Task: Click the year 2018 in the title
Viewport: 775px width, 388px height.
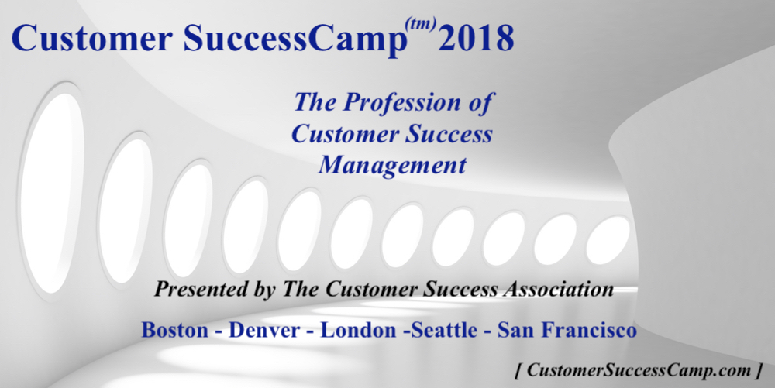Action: click(476, 38)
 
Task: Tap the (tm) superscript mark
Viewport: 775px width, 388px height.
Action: click(421, 23)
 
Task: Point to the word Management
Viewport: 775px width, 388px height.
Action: click(392, 166)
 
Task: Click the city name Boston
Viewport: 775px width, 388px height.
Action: click(175, 330)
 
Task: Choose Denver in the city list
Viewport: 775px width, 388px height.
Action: click(264, 330)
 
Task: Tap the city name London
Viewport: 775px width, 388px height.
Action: click(357, 330)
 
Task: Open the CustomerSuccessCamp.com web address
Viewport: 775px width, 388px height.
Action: click(639, 369)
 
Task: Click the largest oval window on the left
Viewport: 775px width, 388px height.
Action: click(51, 193)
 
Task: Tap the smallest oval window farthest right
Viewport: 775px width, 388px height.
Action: click(608, 239)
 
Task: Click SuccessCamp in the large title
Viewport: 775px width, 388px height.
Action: click(294, 39)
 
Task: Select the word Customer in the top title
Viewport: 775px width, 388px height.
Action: click(92, 39)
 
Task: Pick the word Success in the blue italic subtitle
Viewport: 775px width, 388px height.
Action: click(449, 134)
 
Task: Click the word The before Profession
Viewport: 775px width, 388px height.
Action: click(316, 103)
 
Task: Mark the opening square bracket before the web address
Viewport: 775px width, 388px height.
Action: click(518, 371)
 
